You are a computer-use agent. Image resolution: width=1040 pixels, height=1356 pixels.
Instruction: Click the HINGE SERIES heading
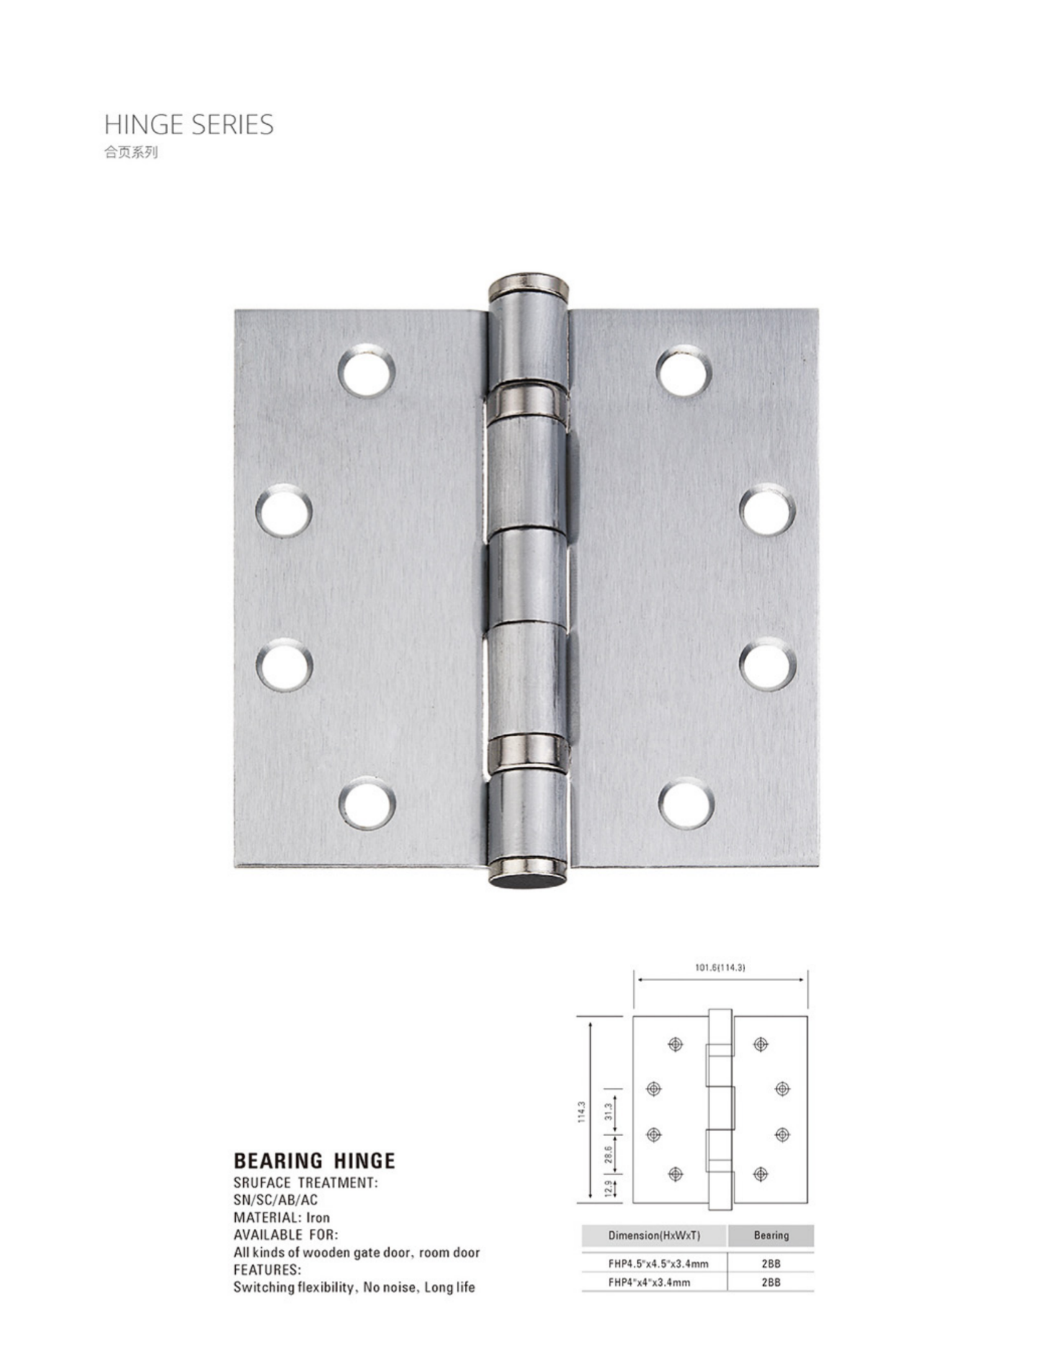(x=189, y=125)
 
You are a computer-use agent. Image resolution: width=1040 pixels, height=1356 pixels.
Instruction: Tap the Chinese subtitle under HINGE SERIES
(x=131, y=152)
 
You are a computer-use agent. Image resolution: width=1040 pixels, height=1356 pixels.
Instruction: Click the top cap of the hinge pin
(x=528, y=286)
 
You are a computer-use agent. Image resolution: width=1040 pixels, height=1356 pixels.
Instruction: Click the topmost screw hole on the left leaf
(x=367, y=372)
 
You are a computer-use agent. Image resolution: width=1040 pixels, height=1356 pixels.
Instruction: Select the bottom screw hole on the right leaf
(x=686, y=803)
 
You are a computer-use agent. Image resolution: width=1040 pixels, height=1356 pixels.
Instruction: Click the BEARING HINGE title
(x=314, y=1161)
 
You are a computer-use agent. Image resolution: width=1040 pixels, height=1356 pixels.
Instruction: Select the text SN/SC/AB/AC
(x=275, y=1200)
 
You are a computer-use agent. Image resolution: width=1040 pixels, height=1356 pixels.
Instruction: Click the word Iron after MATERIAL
(x=318, y=1218)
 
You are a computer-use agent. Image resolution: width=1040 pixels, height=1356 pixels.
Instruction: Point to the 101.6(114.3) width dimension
(x=720, y=967)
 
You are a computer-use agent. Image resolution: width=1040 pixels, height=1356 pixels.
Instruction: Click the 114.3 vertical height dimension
(x=581, y=1112)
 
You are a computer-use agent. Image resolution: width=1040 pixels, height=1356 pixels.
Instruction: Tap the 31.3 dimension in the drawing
(x=609, y=1111)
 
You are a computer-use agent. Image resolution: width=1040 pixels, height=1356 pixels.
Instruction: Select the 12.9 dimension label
(x=609, y=1187)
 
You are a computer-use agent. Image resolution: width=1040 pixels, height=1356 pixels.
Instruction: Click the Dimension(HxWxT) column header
(x=654, y=1236)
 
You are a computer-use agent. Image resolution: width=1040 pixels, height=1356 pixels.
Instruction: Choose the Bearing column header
(x=771, y=1236)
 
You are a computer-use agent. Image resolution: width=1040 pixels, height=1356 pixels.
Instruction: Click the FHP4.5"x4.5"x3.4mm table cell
(x=658, y=1263)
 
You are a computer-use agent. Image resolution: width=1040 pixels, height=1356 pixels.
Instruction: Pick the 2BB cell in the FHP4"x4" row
(x=771, y=1282)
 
